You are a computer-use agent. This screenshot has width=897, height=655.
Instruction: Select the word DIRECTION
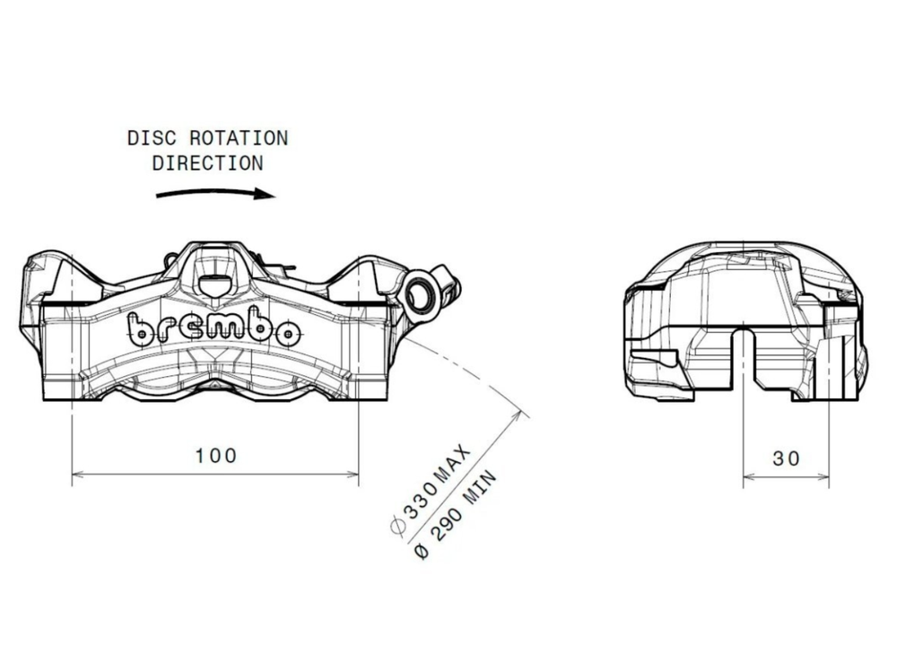tap(207, 163)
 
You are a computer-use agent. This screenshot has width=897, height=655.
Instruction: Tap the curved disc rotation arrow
tap(215, 192)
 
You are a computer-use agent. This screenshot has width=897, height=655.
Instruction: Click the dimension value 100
tap(216, 455)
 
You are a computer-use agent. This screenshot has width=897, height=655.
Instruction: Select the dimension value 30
tap(786, 458)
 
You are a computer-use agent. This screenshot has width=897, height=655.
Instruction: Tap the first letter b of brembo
tap(140, 329)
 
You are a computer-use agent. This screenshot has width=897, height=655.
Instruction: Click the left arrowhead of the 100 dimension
tap(75, 474)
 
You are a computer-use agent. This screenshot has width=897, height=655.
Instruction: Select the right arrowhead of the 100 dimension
tap(354, 474)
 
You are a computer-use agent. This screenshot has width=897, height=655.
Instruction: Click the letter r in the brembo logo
tap(165, 330)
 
